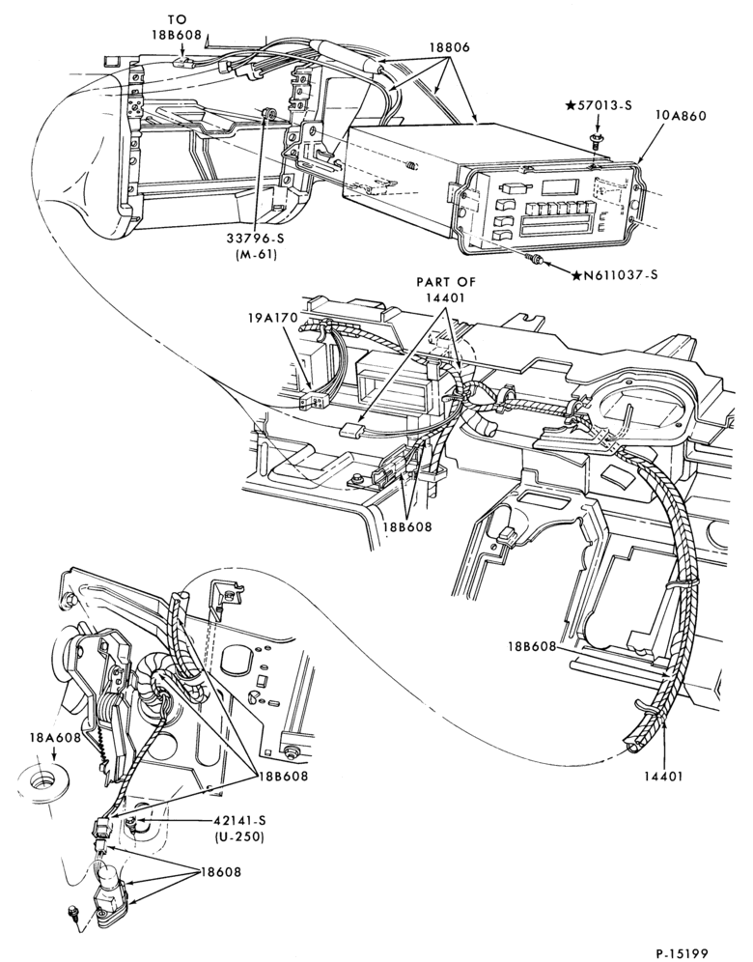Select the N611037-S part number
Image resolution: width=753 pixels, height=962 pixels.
click(x=614, y=275)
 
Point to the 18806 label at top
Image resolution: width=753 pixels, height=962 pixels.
click(x=450, y=46)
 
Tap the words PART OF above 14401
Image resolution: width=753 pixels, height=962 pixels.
click(x=446, y=282)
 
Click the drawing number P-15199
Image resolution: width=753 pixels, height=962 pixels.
click(x=682, y=952)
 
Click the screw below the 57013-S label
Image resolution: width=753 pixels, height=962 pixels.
click(x=595, y=141)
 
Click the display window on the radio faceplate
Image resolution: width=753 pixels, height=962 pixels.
click(x=561, y=185)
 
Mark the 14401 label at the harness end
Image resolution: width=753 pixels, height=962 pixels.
click(x=663, y=777)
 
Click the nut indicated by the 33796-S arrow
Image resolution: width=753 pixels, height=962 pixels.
click(x=268, y=114)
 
